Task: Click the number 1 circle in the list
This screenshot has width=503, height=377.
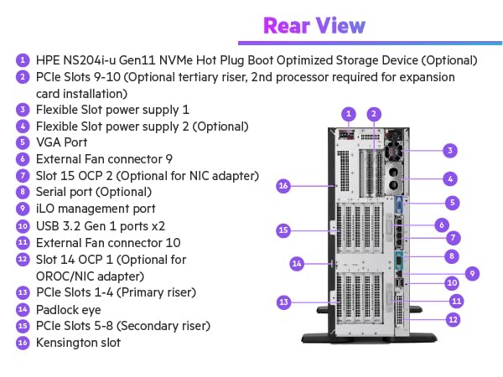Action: coord(22,60)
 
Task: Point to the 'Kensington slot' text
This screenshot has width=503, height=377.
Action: coord(78,342)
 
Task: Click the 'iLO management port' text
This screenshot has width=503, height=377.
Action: coord(95,209)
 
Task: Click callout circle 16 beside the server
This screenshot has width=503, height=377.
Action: coord(283,185)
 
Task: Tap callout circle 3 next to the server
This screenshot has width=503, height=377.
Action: coord(450,151)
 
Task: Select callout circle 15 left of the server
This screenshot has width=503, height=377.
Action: coord(283,230)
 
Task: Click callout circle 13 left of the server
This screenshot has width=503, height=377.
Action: coord(283,302)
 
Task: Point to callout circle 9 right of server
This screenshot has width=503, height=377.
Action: coord(472,272)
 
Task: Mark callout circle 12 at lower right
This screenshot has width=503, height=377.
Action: coord(452,318)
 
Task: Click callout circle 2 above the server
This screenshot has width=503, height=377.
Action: coord(375,113)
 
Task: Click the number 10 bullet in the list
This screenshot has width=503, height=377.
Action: coord(22,225)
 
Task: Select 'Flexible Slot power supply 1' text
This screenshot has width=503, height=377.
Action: coord(112,110)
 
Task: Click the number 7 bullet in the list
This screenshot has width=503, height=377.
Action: coord(22,176)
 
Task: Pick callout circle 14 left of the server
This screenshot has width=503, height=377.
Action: coord(296,263)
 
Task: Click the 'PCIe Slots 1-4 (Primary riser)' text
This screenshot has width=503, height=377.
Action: coord(116,292)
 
